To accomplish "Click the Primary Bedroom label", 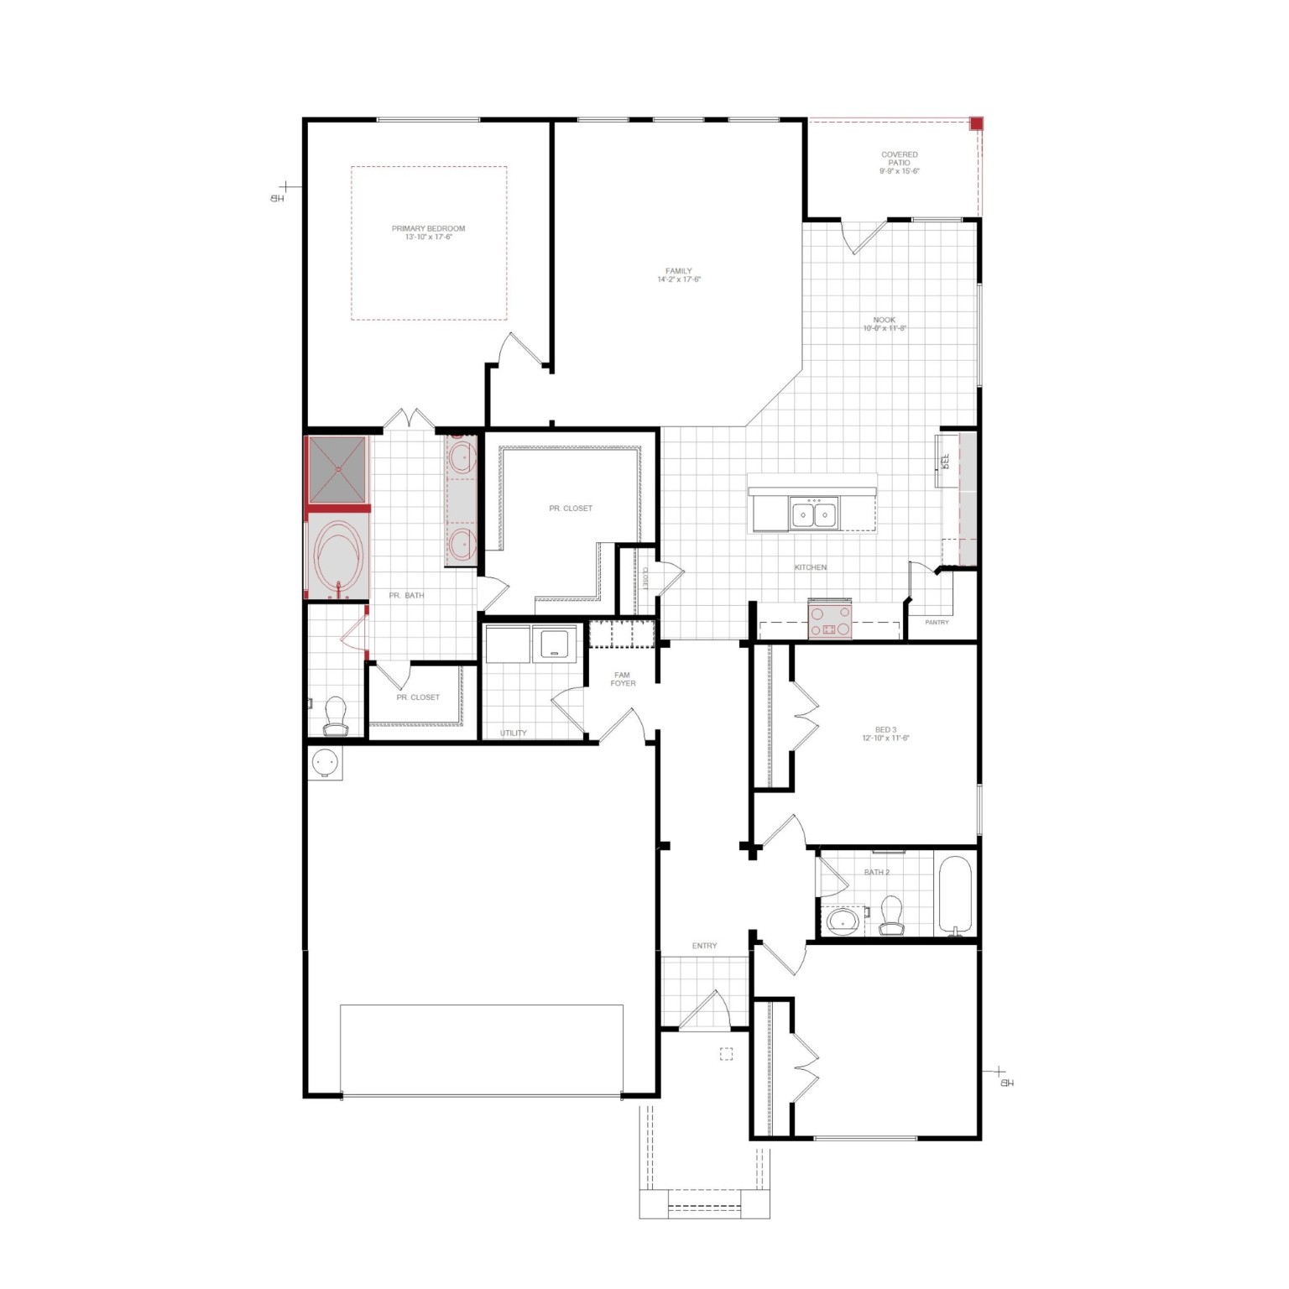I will coord(428,232).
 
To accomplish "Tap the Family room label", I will coord(679,275).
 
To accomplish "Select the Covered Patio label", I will coord(899,162).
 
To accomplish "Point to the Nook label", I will coord(885,324).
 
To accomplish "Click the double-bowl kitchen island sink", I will coord(813,513).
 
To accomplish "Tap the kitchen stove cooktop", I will coord(830,621).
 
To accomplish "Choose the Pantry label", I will coord(937,623).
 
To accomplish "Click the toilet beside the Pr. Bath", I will coord(336,714).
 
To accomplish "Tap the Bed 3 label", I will coord(885,733).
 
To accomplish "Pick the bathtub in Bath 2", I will coord(955,894).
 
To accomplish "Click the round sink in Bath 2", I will coord(842,921).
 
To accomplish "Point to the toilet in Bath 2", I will coord(890,915).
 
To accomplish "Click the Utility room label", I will coord(514,733).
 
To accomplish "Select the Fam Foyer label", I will coord(623,679).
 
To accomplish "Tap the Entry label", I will coord(705,946).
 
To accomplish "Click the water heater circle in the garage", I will coord(325,763).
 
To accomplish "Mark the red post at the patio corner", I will coord(976,124).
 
